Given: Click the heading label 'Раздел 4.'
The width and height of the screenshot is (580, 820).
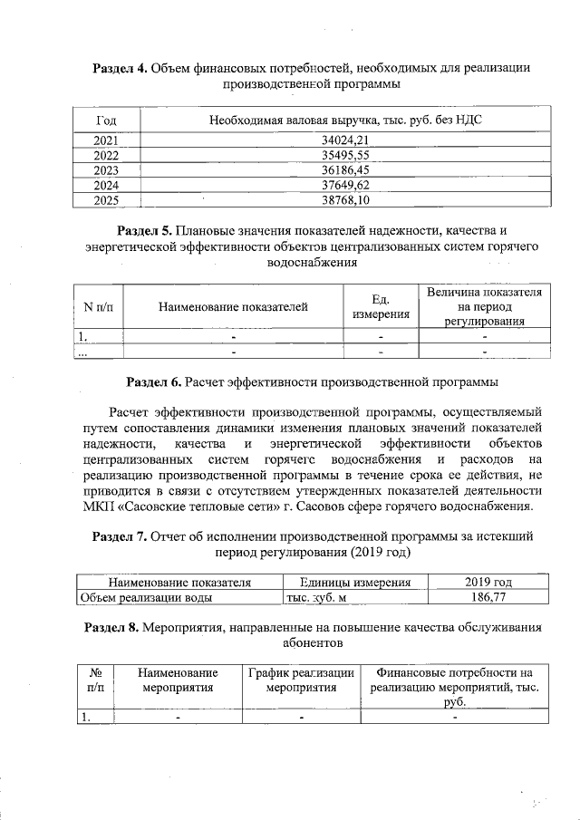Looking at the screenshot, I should click(121, 69).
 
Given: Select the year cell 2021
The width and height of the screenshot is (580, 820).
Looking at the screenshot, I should click(106, 140).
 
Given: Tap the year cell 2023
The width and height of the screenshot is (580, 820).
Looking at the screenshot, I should click(106, 169).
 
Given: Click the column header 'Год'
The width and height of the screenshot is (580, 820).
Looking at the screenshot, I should click(106, 121).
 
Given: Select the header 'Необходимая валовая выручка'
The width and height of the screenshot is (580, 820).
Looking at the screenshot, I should click(339, 121).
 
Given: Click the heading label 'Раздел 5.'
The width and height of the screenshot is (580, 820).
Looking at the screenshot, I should click(146, 230).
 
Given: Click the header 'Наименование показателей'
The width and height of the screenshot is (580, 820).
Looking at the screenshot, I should click(233, 307).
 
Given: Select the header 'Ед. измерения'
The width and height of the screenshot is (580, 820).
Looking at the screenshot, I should click(381, 307).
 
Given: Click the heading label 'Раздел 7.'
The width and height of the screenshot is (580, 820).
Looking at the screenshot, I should click(121, 536).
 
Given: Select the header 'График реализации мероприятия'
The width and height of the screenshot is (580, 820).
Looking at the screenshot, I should click(301, 680).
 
